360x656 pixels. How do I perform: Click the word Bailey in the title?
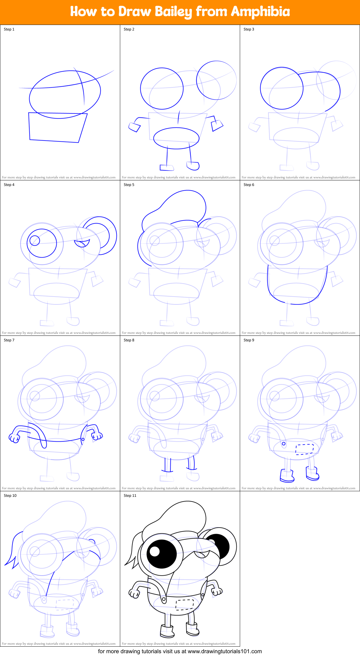174,12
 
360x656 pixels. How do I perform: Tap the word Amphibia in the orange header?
260,12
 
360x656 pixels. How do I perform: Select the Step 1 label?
9,29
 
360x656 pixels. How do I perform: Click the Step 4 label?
9,185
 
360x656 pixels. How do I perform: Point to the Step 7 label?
9,340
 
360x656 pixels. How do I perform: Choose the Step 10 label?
10,496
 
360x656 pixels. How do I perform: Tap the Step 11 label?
130,496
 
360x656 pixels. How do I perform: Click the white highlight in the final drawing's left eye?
154,551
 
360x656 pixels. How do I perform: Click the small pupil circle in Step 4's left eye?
35,240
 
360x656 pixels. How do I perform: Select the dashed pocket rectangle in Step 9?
304,449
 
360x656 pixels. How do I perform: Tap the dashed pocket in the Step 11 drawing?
184,604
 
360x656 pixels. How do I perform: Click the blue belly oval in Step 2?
176,138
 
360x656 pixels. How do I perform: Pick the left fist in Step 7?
14,438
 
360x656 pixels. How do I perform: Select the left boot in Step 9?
287,476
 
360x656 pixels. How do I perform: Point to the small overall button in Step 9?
284,444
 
